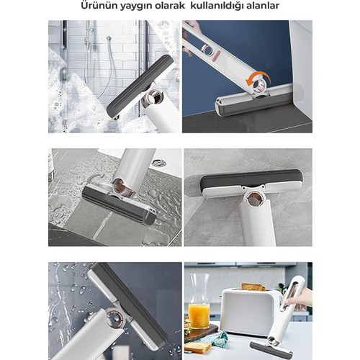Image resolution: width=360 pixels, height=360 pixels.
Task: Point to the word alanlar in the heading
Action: [261, 6]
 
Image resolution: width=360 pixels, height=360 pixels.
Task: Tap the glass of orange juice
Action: [199, 315]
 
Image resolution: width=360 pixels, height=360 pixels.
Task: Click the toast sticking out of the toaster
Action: [253, 287]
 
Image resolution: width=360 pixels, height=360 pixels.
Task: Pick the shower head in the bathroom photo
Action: [109, 38]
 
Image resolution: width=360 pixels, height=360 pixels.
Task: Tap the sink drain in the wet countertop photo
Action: [159, 163]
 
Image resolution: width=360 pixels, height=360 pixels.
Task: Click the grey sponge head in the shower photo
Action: [140, 86]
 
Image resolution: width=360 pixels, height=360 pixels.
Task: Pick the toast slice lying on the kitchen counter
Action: [198, 346]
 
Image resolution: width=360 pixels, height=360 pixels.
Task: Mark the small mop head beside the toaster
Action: [271, 348]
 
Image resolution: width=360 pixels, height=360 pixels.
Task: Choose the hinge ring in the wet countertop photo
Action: [122, 186]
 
